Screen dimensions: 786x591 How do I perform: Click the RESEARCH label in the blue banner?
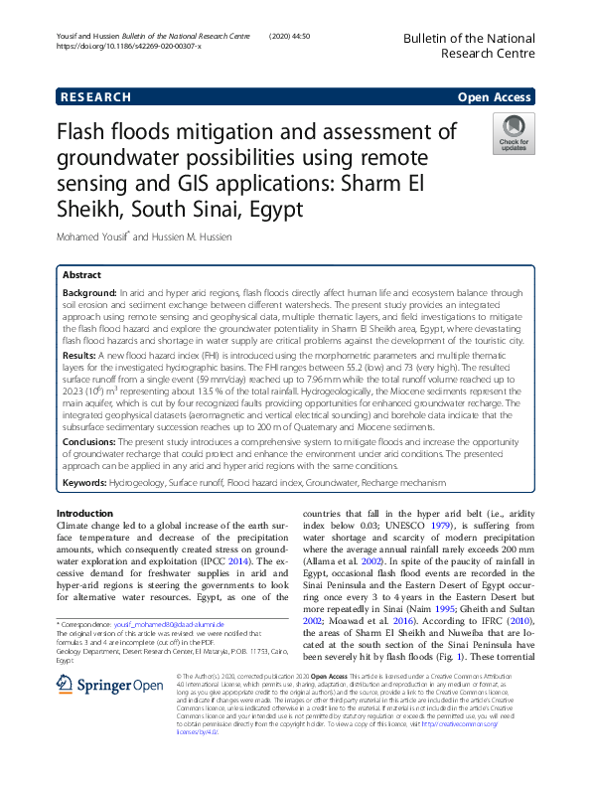[96, 96]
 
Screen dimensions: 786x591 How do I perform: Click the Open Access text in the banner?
[495, 96]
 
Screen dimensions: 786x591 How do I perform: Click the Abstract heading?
[81, 275]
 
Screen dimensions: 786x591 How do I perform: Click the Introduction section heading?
[85, 512]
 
